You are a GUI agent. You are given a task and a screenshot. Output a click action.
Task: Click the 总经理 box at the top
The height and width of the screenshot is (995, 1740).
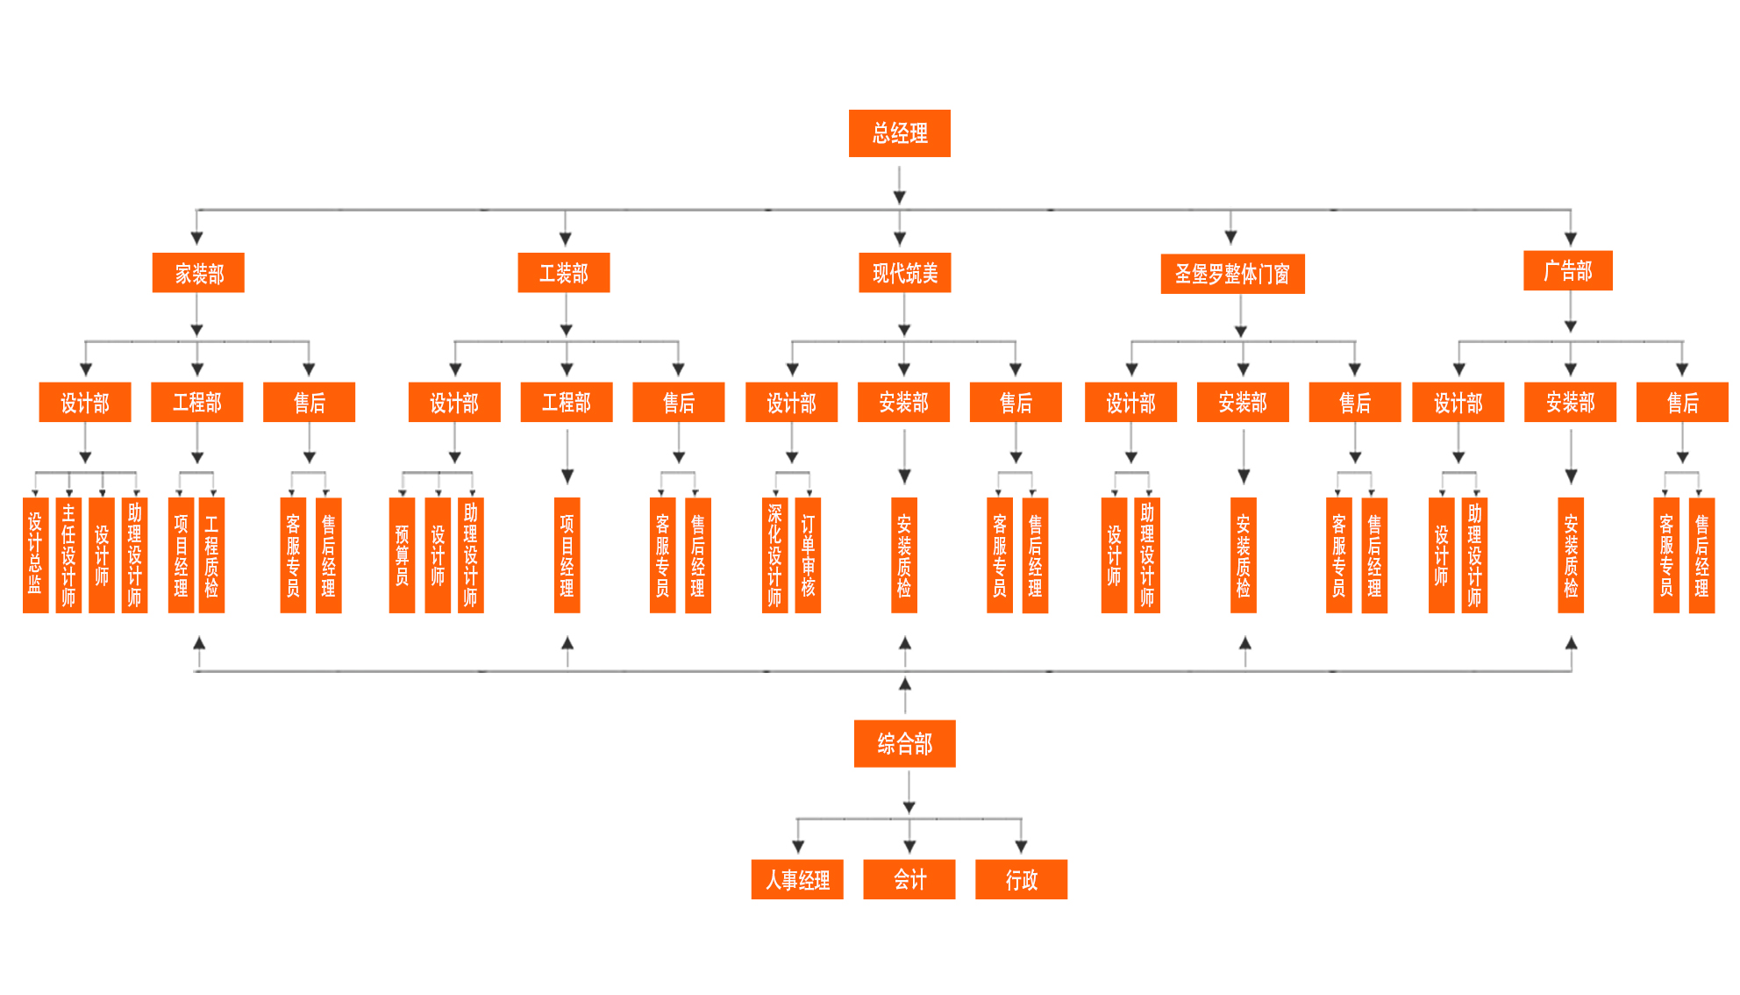[x=899, y=133]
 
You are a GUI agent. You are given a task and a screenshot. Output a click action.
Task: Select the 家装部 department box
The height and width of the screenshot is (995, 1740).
[x=198, y=273]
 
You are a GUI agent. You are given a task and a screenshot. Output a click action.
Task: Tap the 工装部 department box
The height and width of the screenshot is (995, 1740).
[x=563, y=273]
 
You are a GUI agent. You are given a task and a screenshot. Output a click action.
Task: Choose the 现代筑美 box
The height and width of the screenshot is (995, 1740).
[x=904, y=273]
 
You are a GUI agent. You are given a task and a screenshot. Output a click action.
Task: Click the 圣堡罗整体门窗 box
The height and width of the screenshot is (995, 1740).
[x=1232, y=274]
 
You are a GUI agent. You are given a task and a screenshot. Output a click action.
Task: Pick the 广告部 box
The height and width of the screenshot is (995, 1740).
[x=1567, y=270]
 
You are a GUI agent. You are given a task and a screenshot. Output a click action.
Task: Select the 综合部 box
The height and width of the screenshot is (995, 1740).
[x=904, y=744]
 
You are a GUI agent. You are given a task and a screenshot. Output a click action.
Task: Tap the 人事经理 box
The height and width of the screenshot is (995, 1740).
[x=797, y=879]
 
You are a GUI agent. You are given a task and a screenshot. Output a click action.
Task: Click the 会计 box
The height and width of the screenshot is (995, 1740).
[x=909, y=879]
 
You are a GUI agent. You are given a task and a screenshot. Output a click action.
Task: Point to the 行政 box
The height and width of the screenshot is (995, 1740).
[x=1021, y=879]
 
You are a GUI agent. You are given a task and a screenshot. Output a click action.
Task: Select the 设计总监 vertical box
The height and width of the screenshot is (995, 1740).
[x=35, y=555]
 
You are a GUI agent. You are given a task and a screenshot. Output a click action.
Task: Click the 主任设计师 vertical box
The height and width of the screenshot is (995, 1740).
[x=68, y=555]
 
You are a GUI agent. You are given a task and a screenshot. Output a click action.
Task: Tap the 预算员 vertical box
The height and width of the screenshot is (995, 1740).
[x=402, y=555]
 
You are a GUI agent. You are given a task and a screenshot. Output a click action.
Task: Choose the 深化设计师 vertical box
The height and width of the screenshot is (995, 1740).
[x=774, y=555]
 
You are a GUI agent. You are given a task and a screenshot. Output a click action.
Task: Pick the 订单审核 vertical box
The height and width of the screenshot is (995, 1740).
[x=808, y=555]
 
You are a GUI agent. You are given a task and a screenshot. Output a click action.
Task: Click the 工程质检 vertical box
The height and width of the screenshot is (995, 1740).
[x=211, y=555]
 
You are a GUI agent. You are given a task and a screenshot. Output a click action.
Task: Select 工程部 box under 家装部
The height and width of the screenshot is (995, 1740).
[x=196, y=402]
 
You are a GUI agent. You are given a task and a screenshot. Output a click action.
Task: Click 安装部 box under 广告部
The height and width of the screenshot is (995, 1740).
[x=1570, y=402]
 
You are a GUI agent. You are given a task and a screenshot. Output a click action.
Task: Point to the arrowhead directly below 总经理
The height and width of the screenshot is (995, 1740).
[x=899, y=197]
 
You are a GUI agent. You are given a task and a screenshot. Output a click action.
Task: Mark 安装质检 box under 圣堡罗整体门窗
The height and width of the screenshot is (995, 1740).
[x=1243, y=555]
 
